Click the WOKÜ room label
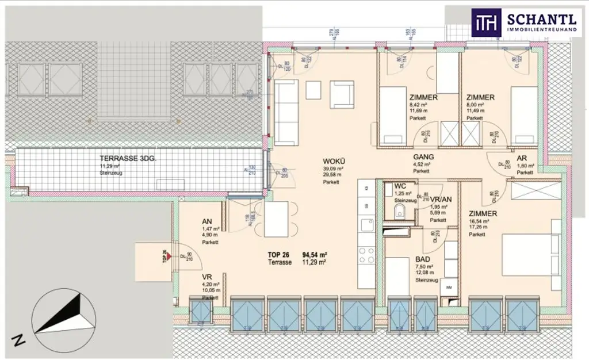(x=332, y=160)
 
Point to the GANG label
(x=423, y=156)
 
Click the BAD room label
(x=423, y=259)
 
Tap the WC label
(x=401, y=186)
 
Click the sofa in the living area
(x=286, y=113)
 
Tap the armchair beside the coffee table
(x=342, y=94)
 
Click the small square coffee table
(x=313, y=90)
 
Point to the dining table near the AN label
(x=276, y=219)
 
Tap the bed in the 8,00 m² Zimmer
(x=524, y=115)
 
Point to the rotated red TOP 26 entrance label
(x=165, y=256)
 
